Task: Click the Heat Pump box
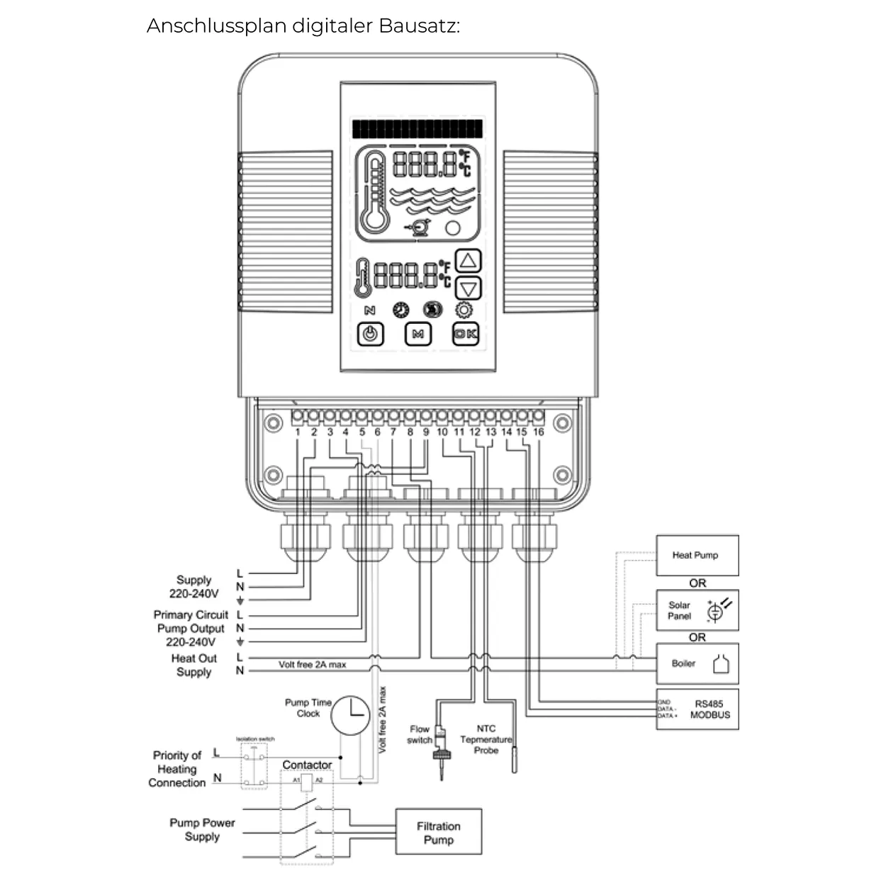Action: pos(697,555)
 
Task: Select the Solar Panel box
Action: pos(697,610)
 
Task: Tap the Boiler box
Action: pos(697,663)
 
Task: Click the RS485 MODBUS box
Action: pos(697,710)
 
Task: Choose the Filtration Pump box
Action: pos(438,833)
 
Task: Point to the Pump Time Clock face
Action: pos(351,714)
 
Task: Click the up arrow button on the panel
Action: pos(467,261)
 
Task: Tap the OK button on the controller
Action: pos(466,334)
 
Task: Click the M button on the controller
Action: pos(417,334)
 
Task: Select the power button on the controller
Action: pos(370,334)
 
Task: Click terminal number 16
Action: pos(539,432)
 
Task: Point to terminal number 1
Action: pos(298,432)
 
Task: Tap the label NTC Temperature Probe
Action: pos(486,739)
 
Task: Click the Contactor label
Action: pos(307,765)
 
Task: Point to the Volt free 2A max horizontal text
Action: pos(312,665)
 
